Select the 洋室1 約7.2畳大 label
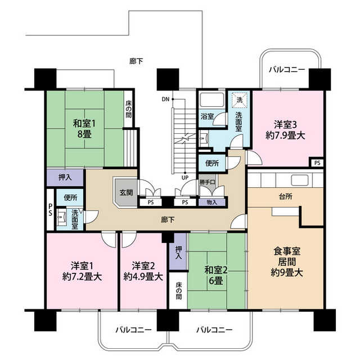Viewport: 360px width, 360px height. (x=82, y=271)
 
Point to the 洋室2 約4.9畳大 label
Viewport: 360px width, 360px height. (x=143, y=271)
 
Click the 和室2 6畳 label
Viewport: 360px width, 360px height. (x=216, y=275)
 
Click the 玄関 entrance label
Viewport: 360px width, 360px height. (x=126, y=192)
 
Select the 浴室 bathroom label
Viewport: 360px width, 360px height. (x=207, y=117)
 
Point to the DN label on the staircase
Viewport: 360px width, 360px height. (x=165, y=100)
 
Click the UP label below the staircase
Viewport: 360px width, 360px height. (x=184, y=178)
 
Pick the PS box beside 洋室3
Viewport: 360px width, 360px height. (x=318, y=163)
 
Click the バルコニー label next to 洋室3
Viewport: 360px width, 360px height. (x=286, y=70)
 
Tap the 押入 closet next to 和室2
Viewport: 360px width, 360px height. (x=178, y=252)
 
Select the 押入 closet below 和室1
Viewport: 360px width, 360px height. (x=65, y=178)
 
